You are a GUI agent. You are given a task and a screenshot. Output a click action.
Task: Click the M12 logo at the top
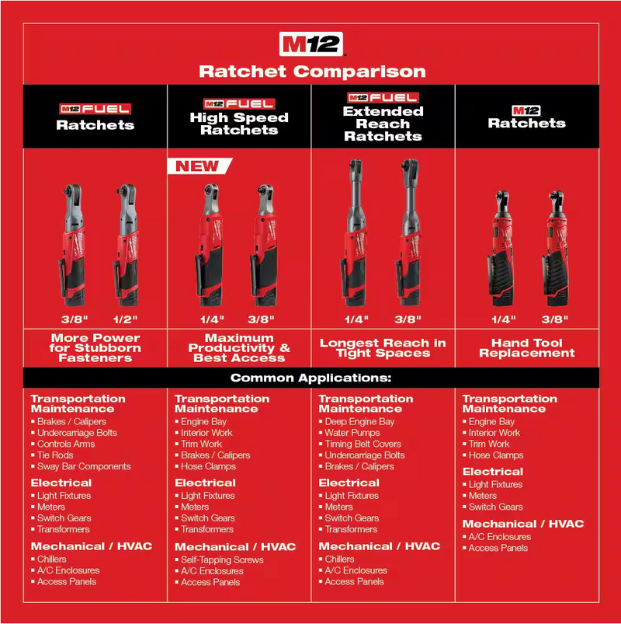310,43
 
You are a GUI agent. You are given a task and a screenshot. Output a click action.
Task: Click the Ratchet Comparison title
312,71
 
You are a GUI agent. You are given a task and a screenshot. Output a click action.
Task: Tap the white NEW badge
197,166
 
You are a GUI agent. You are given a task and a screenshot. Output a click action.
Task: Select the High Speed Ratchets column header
239,124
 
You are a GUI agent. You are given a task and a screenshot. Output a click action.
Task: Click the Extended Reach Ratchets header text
383,124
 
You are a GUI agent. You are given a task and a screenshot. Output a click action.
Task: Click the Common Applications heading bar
310,378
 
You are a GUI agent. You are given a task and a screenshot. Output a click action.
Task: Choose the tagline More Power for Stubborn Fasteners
95,347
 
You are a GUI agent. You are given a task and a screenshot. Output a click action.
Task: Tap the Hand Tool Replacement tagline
527,347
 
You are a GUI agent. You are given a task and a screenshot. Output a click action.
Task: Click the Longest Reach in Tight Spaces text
383,347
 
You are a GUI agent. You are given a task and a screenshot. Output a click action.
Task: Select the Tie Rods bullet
55,455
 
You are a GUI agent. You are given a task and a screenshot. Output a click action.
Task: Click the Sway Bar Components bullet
84,466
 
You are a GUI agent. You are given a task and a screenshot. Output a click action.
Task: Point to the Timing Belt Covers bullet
363,444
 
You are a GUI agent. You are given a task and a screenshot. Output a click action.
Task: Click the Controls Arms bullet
66,444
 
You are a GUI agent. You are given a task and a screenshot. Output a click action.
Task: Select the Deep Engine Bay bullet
359,422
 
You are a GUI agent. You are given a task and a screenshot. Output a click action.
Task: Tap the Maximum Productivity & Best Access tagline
238,347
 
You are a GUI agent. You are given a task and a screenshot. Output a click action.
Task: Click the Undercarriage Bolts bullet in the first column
77,433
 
